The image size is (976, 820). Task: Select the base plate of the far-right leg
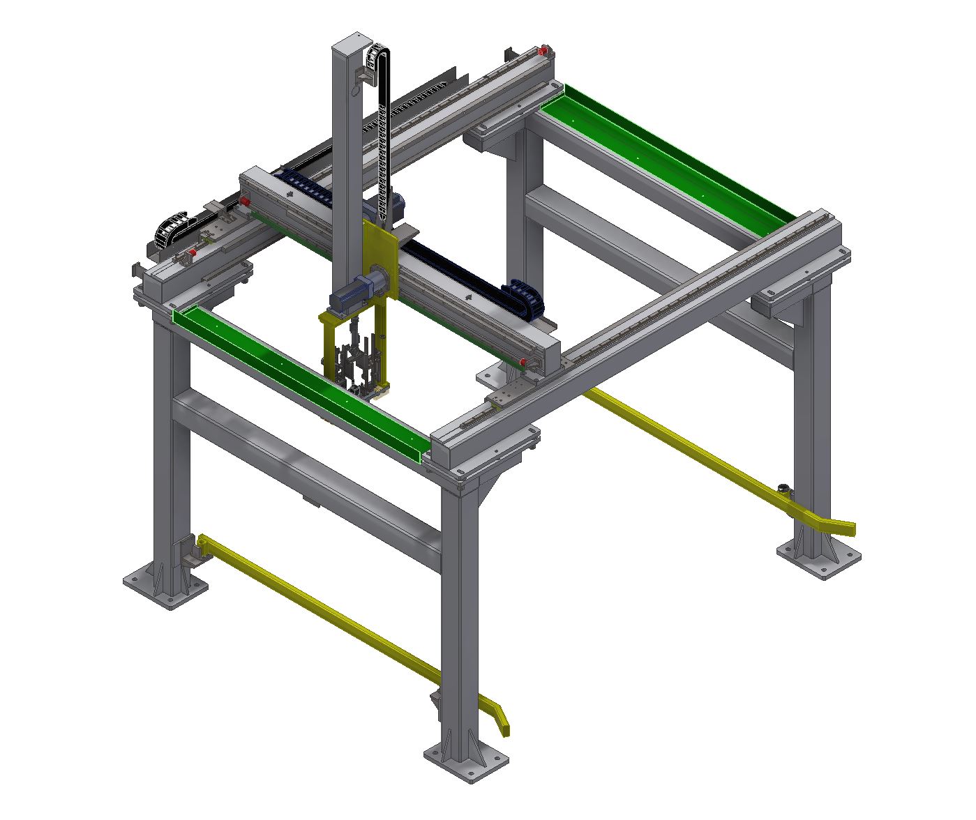point(819,558)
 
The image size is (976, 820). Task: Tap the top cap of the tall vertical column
point(350,38)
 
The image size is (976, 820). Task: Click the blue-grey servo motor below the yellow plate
point(352,293)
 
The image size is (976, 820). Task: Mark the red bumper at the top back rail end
point(543,50)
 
